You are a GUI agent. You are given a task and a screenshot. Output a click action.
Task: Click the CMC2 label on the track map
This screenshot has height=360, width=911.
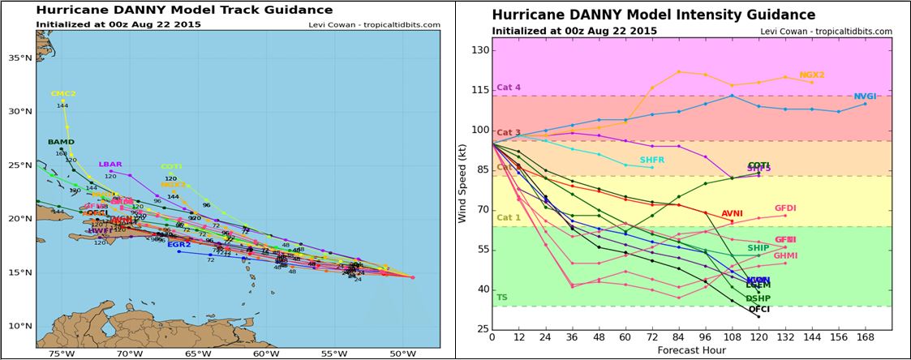click(x=62, y=94)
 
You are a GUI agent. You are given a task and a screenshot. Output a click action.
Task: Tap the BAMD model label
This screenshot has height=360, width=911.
click(x=61, y=142)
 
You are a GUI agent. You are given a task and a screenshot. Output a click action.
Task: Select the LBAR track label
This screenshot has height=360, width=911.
click(x=110, y=165)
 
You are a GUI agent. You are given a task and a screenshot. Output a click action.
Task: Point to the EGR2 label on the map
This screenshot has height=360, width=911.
click(x=178, y=244)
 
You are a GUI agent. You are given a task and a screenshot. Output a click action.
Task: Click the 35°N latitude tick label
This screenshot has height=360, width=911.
click(x=19, y=58)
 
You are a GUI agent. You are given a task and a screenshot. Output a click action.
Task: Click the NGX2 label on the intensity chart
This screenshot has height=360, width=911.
click(x=811, y=75)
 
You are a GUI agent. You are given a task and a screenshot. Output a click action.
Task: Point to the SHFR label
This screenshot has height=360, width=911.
click(x=651, y=161)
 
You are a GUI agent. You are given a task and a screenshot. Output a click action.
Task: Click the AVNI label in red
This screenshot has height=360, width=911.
click(x=733, y=214)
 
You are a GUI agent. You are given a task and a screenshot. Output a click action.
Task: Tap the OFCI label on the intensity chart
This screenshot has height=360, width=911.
click(x=758, y=309)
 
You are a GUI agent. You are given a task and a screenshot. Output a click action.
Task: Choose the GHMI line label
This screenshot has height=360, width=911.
click(x=785, y=255)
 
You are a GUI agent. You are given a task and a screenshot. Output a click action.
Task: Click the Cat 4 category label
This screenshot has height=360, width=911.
click(x=509, y=88)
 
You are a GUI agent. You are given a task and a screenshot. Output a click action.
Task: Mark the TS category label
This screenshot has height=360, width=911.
click(x=502, y=298)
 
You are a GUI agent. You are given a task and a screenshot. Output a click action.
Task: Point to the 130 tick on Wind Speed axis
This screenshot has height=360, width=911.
click(x=481, y=50)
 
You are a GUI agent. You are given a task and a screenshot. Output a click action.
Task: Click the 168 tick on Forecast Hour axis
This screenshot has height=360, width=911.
click(x=865, y=337)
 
